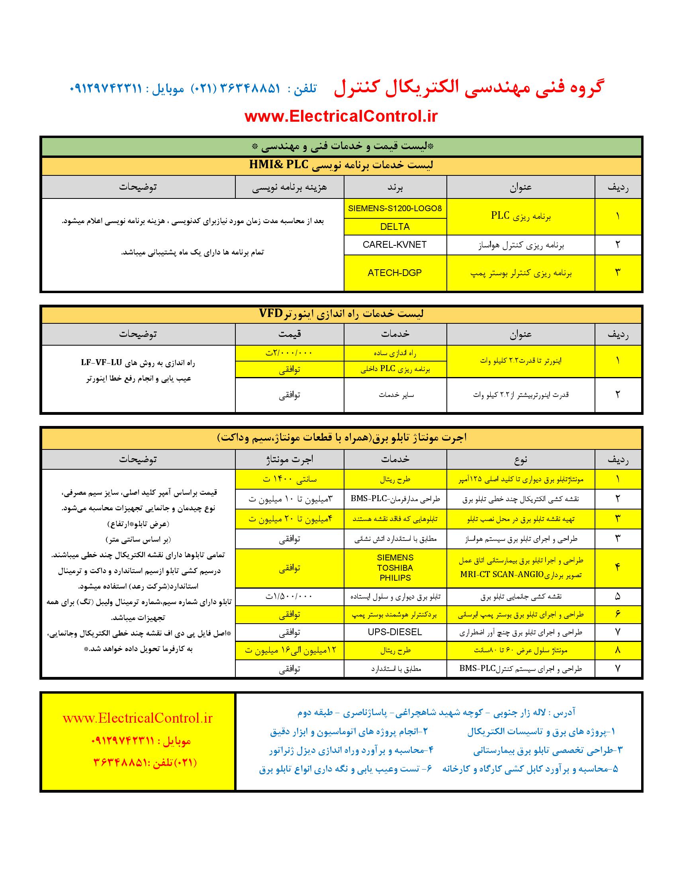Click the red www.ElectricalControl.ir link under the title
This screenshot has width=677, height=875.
tap(341, 116)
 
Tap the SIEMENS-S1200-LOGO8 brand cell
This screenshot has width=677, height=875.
tap(395, 208)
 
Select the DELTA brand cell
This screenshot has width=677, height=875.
tap(395, 227)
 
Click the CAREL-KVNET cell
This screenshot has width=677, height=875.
tap(395, 245)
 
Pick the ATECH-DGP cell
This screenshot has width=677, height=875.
tap(395, 273)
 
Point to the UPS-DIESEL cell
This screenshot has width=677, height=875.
tap(395, 632)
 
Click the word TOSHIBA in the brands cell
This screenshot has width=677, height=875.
tap(395, 568)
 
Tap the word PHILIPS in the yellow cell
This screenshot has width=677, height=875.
tap(395, 578)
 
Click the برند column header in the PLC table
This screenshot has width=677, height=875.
tap(395, 187)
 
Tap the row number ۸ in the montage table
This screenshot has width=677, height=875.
tap(617, 650)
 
